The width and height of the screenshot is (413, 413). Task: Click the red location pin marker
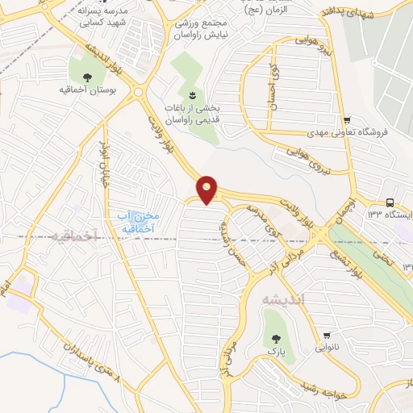(207, 190)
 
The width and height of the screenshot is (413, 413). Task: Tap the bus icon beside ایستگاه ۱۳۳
(390, 202)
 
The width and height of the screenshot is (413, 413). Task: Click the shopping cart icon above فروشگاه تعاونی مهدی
(346, 118)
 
